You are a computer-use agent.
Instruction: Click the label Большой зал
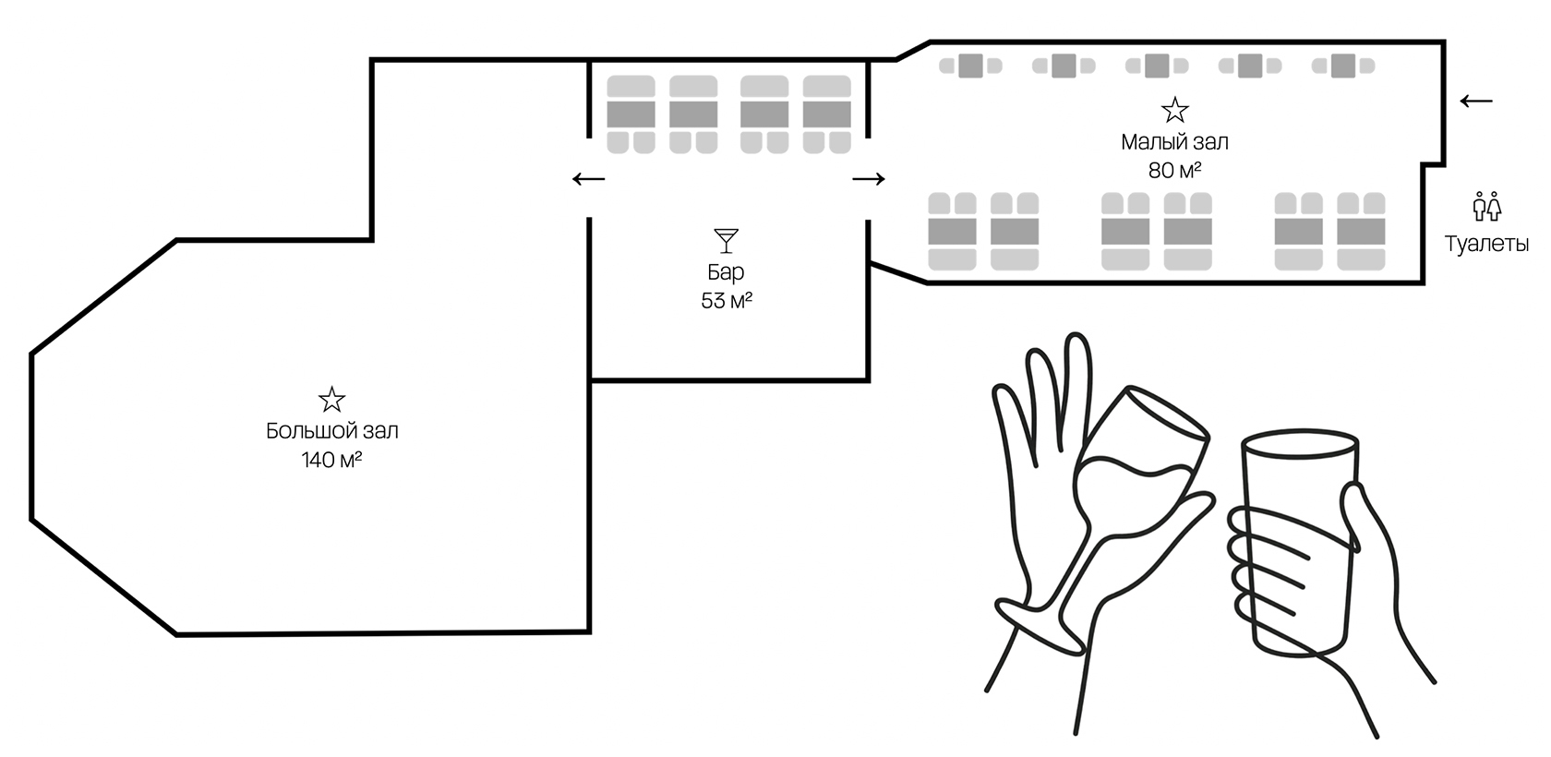point(331,431)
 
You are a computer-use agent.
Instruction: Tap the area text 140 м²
point(331,459)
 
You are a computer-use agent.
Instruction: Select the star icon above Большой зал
point(331,400)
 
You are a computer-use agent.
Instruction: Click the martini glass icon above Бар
point(726,241)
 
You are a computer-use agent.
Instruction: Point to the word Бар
point(726,272)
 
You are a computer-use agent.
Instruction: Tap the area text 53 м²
point(727,301)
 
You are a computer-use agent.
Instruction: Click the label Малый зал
point(1174,142)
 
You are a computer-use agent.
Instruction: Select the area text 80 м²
point(1174,170)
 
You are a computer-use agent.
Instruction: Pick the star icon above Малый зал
point(1175,110)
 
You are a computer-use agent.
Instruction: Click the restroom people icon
point(1486,207)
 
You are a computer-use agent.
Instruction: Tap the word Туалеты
point(1486,244)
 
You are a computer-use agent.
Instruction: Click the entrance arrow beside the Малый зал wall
point(1476,102)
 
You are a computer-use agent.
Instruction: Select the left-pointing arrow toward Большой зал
point(589,179)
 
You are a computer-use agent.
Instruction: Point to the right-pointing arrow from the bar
point(868,179)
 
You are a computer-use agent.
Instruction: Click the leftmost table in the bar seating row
point(631,114)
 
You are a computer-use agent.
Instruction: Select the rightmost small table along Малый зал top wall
point(1343,66)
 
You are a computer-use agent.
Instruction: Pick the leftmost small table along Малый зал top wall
point(971,66)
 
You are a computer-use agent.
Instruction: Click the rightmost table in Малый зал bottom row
point(1361,232)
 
